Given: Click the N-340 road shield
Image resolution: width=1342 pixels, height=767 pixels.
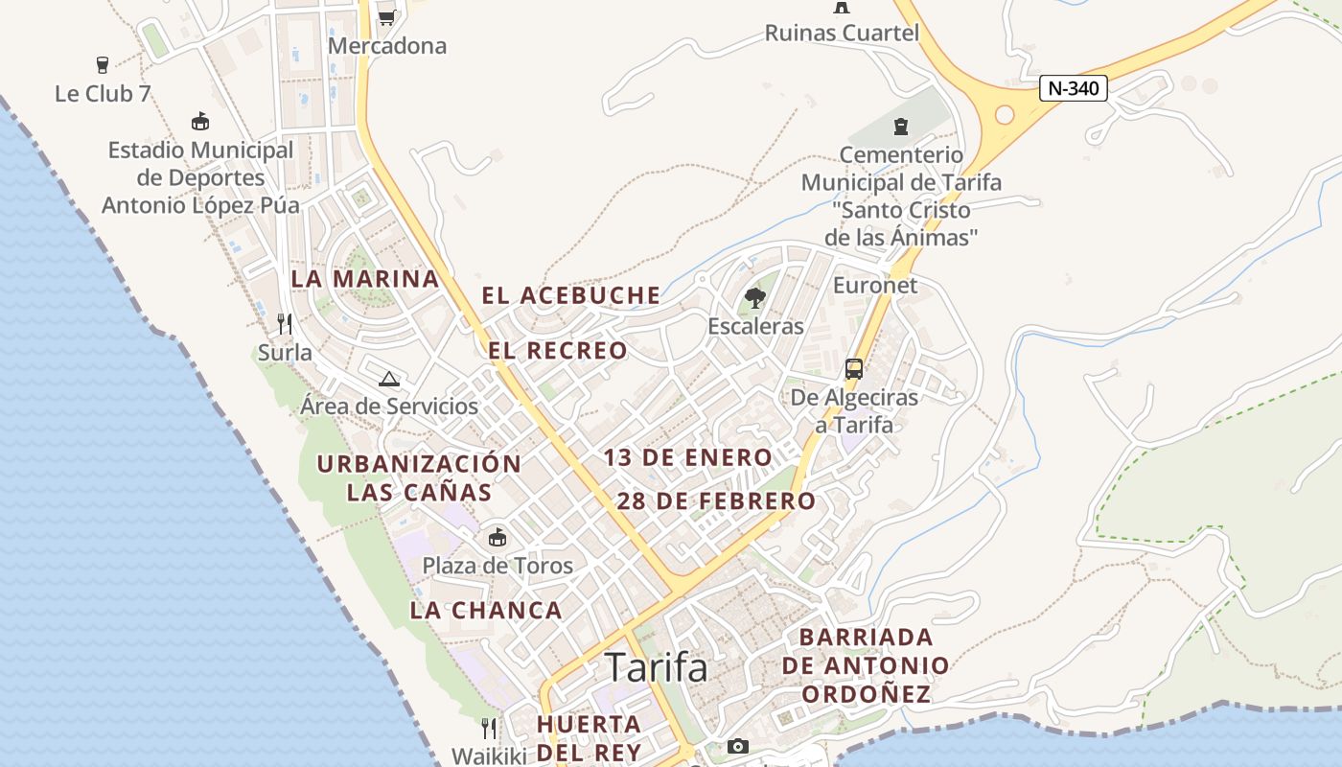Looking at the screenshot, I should tap(1074, 89).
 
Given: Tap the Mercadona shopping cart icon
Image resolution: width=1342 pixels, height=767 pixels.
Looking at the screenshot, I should tap(386, 16).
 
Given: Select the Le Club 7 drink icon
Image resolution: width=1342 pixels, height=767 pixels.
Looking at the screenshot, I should tap(103, 65).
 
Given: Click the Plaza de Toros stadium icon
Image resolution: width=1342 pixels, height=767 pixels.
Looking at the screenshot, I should tap(497, 537).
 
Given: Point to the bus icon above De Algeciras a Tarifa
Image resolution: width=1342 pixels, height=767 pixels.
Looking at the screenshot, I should tap(853, 369).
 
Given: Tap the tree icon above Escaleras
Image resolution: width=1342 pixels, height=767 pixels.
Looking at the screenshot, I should tap(755, 298).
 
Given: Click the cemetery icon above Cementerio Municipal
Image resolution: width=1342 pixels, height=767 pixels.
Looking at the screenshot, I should tap(900, 127).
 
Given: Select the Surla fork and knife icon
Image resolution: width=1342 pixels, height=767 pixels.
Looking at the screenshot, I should tap(285, 324).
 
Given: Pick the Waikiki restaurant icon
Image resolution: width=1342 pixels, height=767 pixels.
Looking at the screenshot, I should tap(489, 729).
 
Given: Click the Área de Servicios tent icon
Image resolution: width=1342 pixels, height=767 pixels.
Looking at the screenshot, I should tap(388, 379).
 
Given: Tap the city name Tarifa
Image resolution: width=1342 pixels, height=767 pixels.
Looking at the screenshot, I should tap(657, 667).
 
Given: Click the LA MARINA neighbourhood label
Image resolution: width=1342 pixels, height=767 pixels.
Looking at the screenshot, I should tap(364, 279).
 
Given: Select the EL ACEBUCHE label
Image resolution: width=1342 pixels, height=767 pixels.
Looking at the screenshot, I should tap(571, 295).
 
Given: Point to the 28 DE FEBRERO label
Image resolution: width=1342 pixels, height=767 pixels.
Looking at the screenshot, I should tap(716, 500).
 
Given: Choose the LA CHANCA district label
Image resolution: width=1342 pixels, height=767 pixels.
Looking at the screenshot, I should tap(486, 610).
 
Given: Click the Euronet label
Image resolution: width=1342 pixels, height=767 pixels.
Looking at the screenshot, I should tap(874, 285).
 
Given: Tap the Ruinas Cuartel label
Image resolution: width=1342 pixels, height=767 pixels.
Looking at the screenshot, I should tap(842, 33).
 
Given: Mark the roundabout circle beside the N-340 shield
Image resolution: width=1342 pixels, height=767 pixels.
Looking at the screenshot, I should tap(1005, 115).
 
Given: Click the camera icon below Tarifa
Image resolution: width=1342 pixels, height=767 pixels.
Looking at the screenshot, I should tap(737, 746).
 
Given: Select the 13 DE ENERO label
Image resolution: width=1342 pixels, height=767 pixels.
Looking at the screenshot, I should tap(687, 457).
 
